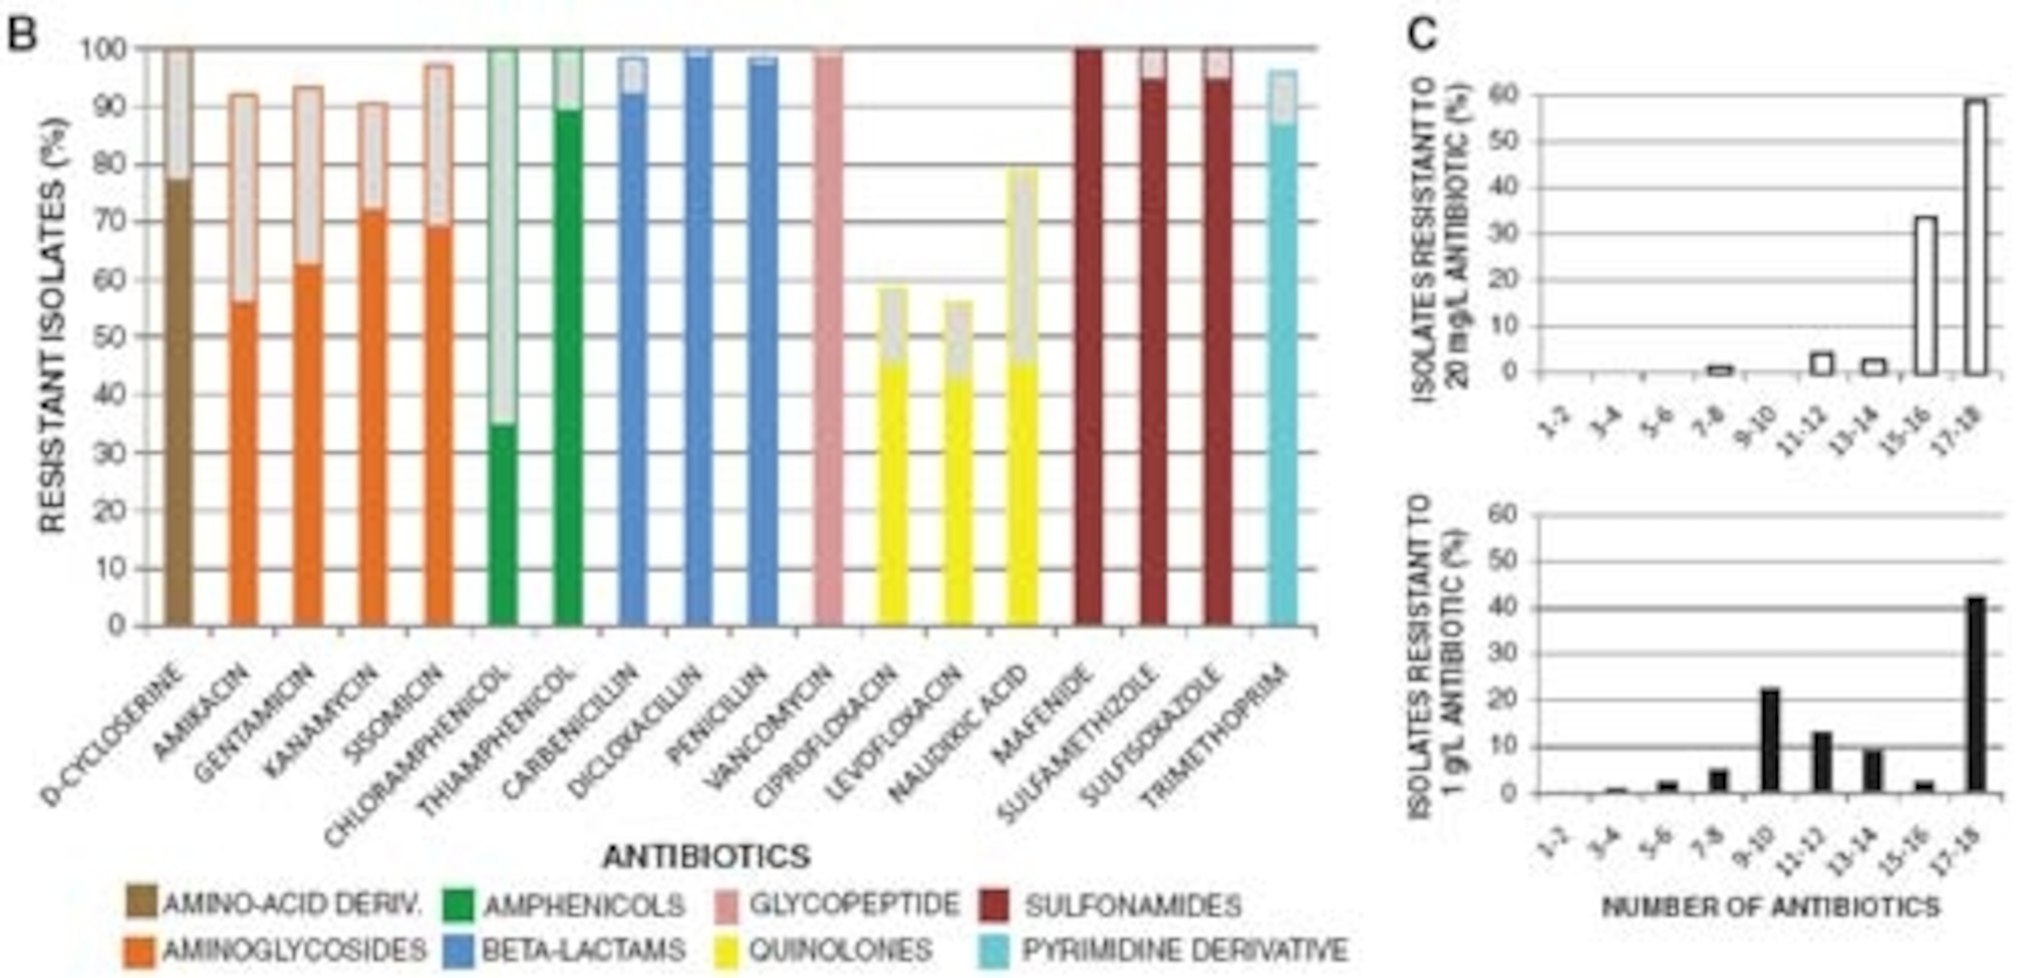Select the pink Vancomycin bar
pyautogui.click(x=829, y=339)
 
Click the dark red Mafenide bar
pyautogui.click(x=1089, y=339)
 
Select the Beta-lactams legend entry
pyautogui.click(x=582, y=950)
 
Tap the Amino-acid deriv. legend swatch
pyautogui.click(x=140, y=903)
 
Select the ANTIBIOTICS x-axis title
pyautogui.click(x=706, y=856)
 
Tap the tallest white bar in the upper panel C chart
pyautogui.click(x=1975, y=236)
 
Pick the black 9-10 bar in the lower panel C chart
pyautogui.click(x=1771, y=740)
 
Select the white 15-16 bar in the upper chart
pyautogui.click(x=1926, y=295)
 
